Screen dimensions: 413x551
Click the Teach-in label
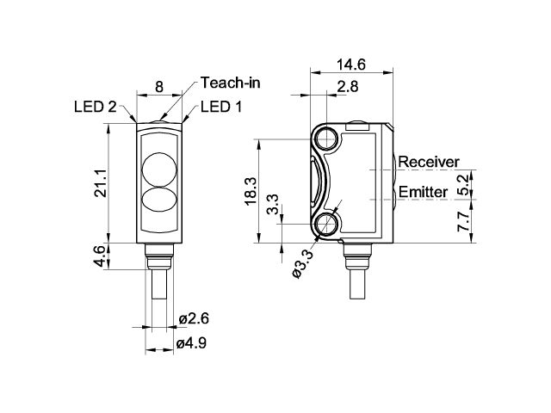pos(230,83)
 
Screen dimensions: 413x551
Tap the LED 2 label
pos(96,107)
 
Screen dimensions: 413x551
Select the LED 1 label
pos(220,107)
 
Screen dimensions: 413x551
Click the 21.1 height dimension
pos(100,183)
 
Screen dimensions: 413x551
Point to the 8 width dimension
pos(158,87)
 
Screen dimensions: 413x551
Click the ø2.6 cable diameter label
pos(194,318)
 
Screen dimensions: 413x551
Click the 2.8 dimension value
pos(348,87)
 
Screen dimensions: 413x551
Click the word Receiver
pos(428,162)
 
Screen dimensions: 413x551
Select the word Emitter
pos(424,191)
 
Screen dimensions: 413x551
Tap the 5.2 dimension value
pos(463,182)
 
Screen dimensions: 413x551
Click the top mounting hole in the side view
pos(326,138)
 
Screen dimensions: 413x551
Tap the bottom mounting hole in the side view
pos(326,225)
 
